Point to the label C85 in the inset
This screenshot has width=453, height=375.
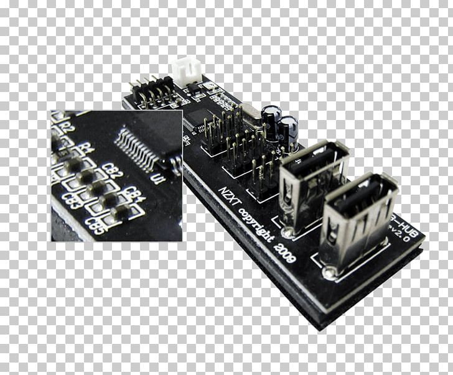click(98, 222)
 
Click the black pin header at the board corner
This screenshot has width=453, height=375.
click(152, 93)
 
